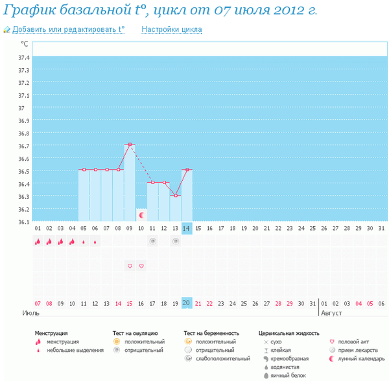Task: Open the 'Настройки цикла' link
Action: [171, 30]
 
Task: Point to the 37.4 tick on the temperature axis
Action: [24, 58]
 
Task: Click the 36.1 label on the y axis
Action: [24, 222]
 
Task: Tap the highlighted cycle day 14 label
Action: [187, 228]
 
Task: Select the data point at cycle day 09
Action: [130, 144]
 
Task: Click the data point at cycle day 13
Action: [175, 196]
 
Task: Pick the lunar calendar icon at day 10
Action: [141, 214]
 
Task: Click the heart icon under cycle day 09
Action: [130, 266]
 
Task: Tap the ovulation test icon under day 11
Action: [152, 242]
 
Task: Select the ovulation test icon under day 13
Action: [175, 242]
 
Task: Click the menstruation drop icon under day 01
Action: [38, 242]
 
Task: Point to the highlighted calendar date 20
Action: [187, 303]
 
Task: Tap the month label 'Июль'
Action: [31, 312]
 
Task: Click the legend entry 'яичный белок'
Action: [289, 375]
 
